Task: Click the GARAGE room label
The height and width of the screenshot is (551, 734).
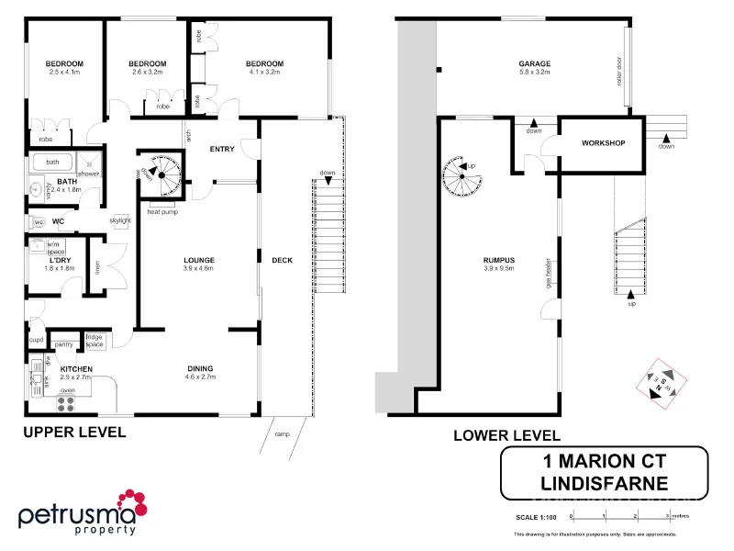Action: point(534,63)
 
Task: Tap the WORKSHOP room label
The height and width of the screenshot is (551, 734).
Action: point(603,143)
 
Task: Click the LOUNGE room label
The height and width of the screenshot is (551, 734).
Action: point(198,260)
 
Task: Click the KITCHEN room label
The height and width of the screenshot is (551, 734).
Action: point(77,369)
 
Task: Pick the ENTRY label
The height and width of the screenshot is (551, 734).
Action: point(222,149)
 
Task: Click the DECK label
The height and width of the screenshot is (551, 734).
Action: point(282,260)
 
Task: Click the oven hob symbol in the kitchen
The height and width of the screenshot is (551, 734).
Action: point(67,400)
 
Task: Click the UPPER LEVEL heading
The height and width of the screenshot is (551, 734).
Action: point(74,432)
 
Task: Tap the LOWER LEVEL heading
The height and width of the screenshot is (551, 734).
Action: point(506,435)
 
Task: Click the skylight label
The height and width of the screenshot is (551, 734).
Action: point(119,220)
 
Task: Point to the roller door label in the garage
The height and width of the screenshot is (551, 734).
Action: point(620,69)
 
